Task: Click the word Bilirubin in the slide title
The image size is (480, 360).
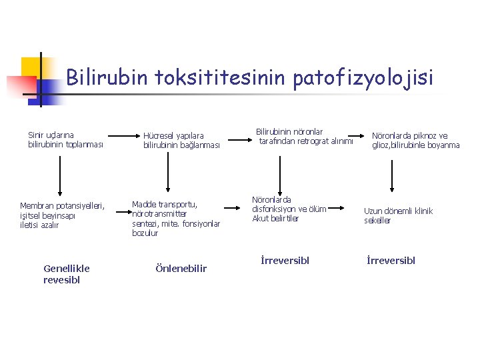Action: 107,78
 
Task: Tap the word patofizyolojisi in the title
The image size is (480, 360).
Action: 363,79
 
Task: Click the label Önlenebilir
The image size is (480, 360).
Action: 181,269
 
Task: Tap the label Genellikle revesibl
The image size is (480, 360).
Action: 66,274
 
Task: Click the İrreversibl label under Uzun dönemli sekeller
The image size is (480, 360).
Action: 391,260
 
